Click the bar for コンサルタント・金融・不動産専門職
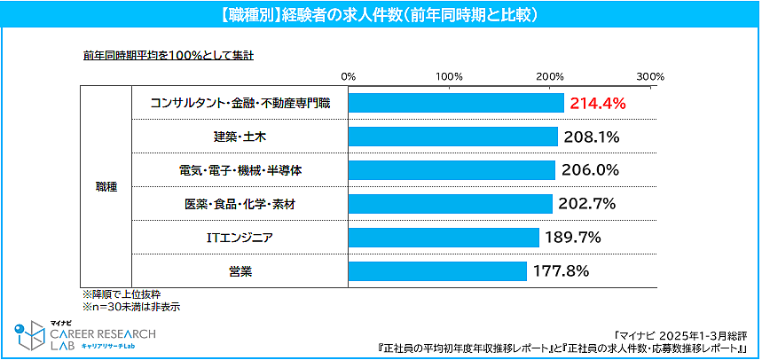pos(456,104)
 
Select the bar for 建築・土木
pos(453,137)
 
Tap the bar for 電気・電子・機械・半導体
pos(452,170)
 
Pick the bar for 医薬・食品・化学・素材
pos(451,204)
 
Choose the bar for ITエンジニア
pos(444,238)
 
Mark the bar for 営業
pos(437,271)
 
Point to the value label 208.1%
pos(590,137)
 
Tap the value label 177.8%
pos(560,271)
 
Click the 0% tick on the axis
pos(348,75)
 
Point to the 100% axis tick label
pos(448,75)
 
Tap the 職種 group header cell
pos(106,187)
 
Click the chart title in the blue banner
pos(380,15)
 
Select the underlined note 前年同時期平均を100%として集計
pos(169,55)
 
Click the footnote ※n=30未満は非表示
pos(131,307)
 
